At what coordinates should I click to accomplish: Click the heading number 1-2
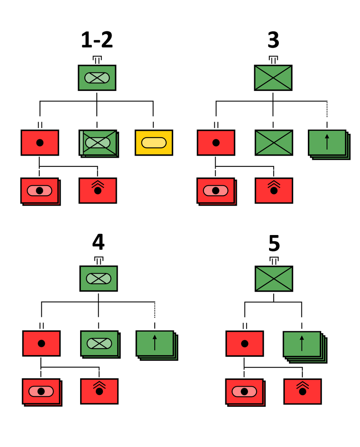(x=97, y=41)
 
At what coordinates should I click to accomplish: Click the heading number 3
(x=273, y=41)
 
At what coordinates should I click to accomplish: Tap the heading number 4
(x=98, y=242)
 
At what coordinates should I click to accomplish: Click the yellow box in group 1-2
(x=154, y=143)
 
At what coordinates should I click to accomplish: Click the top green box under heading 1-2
(x=97, y=78)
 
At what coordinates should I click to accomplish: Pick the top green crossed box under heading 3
(x=273, y=78)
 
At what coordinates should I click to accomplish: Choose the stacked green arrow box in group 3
(x=328, y=143)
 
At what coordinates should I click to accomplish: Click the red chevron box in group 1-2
(x=98, y=190)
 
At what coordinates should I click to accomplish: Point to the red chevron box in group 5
(x=302, y=391)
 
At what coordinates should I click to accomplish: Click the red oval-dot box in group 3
(x=216, y=191)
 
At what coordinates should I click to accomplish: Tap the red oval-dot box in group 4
(x=41, y=391)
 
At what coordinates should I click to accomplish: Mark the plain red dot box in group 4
(x=41, y=343)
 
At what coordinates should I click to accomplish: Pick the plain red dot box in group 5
(x=244, y=343)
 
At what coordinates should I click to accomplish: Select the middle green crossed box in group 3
(x=274, y=143)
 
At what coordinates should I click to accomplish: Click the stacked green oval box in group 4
(x=100, y=344)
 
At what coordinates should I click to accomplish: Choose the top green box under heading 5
(x=274, y=279)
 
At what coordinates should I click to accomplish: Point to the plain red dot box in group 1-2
(x=40, y=143)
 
